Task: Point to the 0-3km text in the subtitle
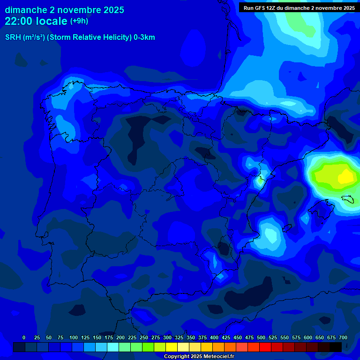pos(144,37)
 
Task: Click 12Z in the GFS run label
pos(271,8)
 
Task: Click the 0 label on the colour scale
pos(24,337)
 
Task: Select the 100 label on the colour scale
pos(74,337)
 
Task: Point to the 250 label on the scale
pos(144,337)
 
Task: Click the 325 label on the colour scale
pos(179,337)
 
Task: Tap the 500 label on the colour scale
pos(261,337)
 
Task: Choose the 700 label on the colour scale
pos(343,337)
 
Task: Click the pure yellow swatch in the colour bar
pos(172,347)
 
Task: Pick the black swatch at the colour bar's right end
pos(336,347)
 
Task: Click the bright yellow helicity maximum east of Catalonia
pos(346,177)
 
